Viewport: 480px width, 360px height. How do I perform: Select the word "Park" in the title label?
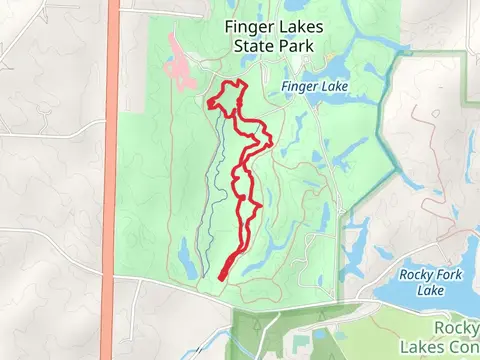coord(294,46)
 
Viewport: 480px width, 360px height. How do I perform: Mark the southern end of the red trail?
coord(220,276)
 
